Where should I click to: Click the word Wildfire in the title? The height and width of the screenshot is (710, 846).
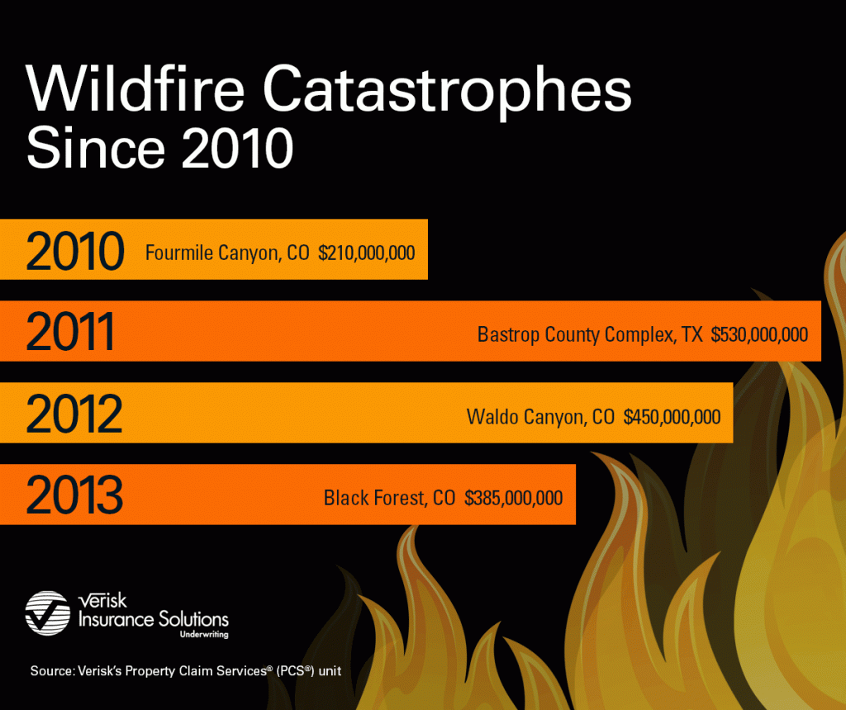pos(135,88)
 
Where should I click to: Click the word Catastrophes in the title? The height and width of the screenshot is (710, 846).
pos(447,92)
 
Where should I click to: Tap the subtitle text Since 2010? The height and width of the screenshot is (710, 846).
pos(159,148)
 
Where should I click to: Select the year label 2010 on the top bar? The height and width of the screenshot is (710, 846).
pos(75,251)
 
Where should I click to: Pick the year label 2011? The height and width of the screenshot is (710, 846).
pos(70,332)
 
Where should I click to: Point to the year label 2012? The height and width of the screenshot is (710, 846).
pos(74,414)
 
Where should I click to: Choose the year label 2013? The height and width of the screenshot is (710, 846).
pos(74,495)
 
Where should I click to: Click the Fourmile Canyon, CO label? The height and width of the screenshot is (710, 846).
pos(227,253)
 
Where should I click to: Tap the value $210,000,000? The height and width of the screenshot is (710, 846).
pos(366,253)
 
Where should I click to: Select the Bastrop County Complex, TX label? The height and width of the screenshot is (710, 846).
pos(590,335)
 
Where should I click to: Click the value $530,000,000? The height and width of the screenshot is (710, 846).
pos(759,335)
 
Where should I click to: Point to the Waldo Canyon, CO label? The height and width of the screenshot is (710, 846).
pos(540,417)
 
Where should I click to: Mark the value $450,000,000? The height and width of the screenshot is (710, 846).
pos(672,417)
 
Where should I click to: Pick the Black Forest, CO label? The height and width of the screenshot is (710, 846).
pos(390,498)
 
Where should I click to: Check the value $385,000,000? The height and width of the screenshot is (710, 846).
pos(514,498)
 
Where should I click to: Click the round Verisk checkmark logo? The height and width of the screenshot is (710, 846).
pos(47,613)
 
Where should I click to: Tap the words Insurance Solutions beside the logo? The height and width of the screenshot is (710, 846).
pos(153,619)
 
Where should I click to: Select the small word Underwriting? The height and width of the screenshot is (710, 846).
pos(204,635)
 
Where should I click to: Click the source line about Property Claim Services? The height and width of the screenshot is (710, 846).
pos(186,670)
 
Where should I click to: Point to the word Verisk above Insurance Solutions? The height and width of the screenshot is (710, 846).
pos(102,600)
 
